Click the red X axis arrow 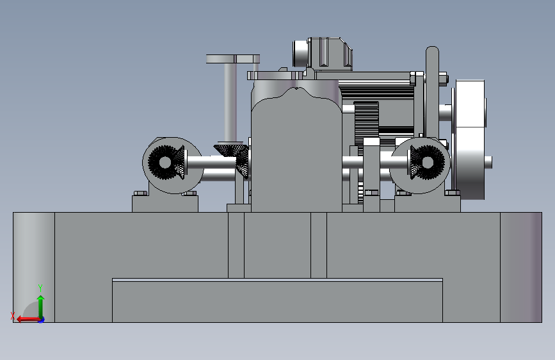[28, 319]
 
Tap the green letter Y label [40, 288]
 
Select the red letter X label [13, 315]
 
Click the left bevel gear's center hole [165, 162]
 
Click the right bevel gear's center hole [428, 162]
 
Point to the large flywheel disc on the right [470, 140]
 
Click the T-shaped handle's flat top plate [233, 59]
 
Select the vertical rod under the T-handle [230, 102]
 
